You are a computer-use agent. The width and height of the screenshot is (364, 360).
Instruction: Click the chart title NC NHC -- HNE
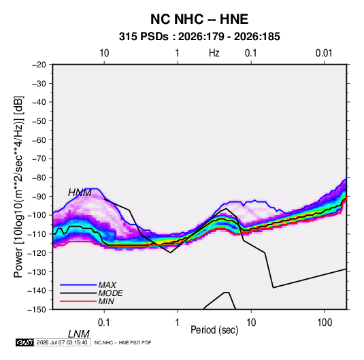(199, 19)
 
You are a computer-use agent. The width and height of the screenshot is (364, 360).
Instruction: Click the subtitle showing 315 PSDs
(199, 37)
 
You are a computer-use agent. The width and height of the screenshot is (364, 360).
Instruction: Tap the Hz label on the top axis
(214, 53)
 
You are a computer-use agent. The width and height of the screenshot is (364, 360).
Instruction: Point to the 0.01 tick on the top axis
(324, 53)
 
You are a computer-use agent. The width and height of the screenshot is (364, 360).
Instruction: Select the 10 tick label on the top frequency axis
(104, 53)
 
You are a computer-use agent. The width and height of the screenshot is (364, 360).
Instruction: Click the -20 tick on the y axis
(39, 65)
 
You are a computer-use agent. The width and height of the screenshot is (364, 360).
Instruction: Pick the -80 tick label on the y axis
(39, 178)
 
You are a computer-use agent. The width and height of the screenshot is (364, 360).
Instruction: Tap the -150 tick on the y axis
(37, 310)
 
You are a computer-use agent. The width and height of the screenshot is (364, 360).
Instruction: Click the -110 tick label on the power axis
(37, 234)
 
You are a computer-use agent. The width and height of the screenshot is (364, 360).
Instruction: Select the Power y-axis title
(18, 187)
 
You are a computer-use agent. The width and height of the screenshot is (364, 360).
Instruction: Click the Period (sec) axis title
(214, 330)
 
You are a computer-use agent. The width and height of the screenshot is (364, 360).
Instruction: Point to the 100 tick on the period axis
(325, 323)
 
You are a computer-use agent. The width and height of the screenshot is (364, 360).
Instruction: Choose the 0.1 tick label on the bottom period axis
(103, 323)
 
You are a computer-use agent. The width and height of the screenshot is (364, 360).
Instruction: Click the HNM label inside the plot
(80, 193)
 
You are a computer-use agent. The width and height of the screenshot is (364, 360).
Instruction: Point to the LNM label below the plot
(79, 334)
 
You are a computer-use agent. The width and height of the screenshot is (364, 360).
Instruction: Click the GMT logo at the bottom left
(25, 342)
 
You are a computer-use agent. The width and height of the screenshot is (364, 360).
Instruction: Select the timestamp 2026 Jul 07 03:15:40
(62, 342)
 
